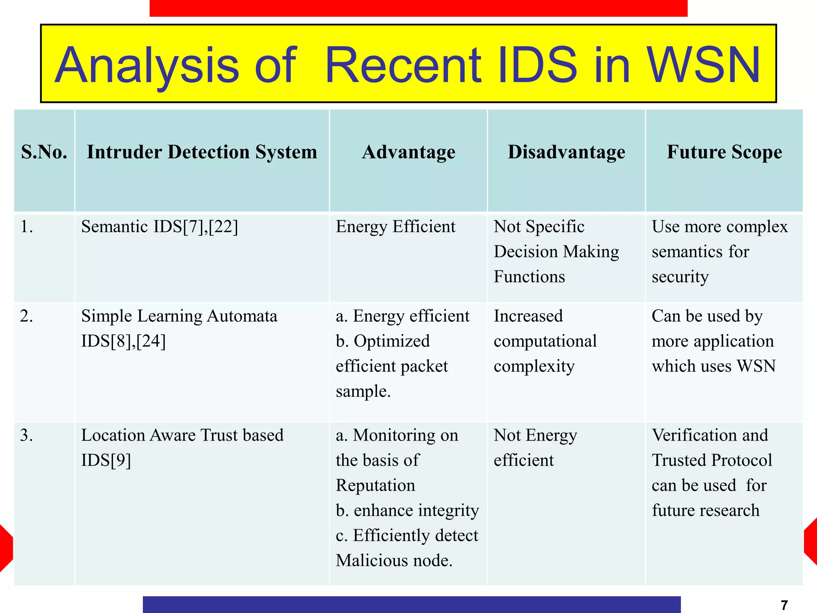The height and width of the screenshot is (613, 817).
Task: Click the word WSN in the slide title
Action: point(703,65)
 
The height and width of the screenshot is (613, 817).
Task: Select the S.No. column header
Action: point(44,152)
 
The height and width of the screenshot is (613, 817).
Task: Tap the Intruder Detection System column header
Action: point(202,152)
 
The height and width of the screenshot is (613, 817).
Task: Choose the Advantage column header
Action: point(408,152)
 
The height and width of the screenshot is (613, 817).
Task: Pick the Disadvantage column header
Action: point(566,152)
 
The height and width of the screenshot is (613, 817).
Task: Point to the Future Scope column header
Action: point(724,152)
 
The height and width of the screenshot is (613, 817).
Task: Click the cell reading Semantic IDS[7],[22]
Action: point(160,227)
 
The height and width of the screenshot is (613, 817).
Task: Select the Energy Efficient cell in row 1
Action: point(395,227)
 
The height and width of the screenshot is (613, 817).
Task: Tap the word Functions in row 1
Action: point(529,277)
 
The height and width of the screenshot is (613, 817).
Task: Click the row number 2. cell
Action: point(27,316)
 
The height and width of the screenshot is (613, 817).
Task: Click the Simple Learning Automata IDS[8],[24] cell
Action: point(179,328)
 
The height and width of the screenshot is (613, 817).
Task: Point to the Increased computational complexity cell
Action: point(545,341)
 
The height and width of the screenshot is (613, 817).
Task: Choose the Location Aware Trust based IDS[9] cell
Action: point(182,447)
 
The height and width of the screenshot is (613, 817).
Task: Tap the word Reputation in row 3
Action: point(375,485)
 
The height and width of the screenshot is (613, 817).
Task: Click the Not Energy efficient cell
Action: point(535,447)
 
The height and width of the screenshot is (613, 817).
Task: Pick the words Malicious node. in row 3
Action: point(394,560)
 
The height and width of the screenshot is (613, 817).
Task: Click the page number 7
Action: point(784,605)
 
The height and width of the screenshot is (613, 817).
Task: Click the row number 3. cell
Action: point(27,435)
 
